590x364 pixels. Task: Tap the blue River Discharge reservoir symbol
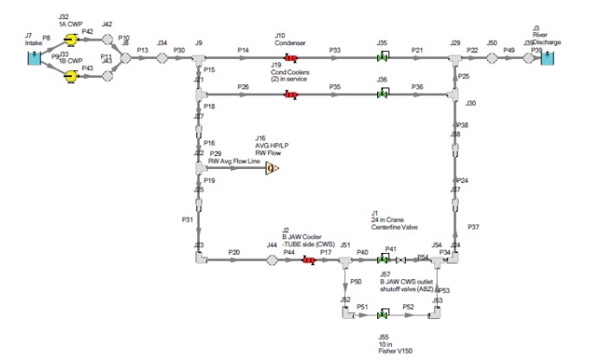click(548, 58)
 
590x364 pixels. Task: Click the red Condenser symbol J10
click(291, 58)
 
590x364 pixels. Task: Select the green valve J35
click(382, 58)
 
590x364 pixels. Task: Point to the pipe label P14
click(243, 51)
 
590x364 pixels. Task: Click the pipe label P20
click(234, 252)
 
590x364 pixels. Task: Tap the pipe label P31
click(188, 220)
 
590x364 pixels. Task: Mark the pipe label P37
click(473, 227)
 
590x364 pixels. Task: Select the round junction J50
click(491, 58)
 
